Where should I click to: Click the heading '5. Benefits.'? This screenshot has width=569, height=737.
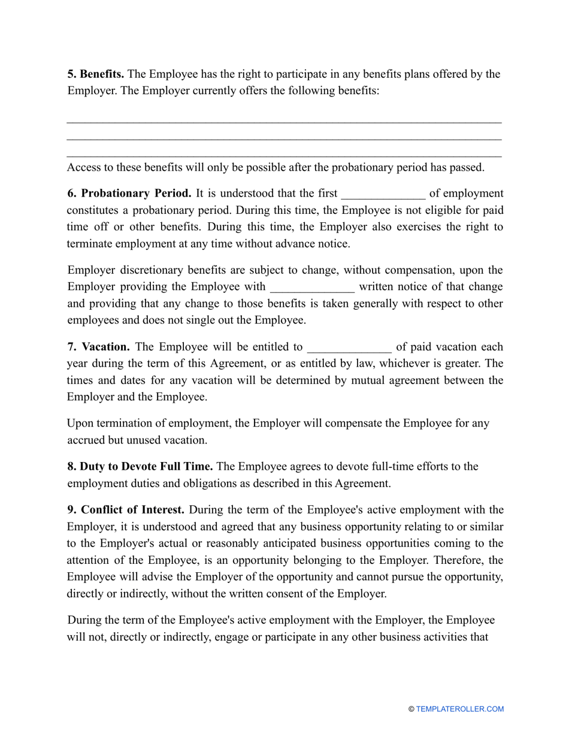96,74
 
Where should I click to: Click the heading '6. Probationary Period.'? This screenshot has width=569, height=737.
129,194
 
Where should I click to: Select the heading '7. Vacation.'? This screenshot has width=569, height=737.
98,347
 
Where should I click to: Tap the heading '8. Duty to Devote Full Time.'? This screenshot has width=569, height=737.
140,466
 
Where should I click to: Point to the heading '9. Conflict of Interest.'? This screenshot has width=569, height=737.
126,510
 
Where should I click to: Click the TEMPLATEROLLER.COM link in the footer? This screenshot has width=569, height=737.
460,709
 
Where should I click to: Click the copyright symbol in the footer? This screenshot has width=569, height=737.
411,709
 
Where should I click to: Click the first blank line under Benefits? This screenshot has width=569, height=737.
284,122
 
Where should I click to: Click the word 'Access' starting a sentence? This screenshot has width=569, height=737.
84,167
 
